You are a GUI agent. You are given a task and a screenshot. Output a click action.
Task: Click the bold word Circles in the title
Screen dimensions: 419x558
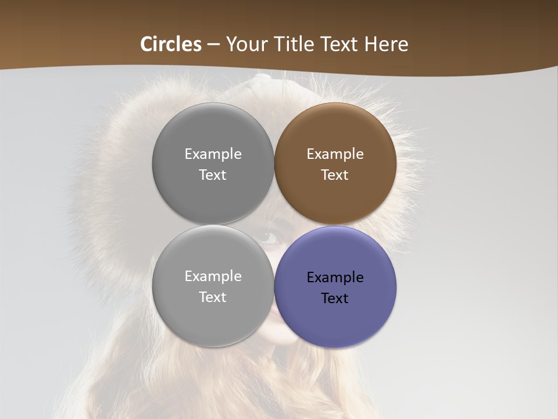point(170,44)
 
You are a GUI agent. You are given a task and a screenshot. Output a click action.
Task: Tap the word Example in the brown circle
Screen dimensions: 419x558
point(335,154)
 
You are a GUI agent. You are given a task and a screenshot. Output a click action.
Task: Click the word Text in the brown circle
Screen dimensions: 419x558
point(335,175)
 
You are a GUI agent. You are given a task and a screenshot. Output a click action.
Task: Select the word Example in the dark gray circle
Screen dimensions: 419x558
point(213,154)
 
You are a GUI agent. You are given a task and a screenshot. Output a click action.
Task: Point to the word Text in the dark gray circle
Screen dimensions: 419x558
point(213,175)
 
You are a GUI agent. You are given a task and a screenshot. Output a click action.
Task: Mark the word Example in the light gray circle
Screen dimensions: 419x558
point(213,276)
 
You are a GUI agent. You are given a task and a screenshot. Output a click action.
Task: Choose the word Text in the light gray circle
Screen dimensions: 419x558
point(213,297)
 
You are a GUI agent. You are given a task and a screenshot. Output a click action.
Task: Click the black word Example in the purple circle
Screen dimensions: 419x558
point(335,278)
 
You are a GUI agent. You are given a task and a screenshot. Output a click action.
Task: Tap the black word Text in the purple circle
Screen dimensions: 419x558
point(335,299)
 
